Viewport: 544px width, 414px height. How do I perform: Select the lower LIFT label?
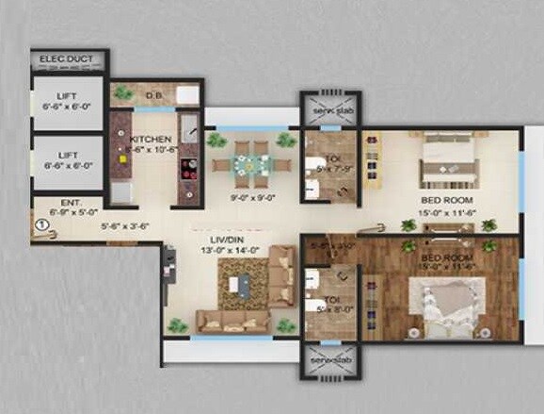[68, 156]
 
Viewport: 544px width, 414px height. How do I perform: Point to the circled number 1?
[40, 225]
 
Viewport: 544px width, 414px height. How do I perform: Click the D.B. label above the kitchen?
[153, 95]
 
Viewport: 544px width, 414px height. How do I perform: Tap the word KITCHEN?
[152, 139]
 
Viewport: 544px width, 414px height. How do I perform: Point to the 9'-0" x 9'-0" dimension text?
[249, 198]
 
